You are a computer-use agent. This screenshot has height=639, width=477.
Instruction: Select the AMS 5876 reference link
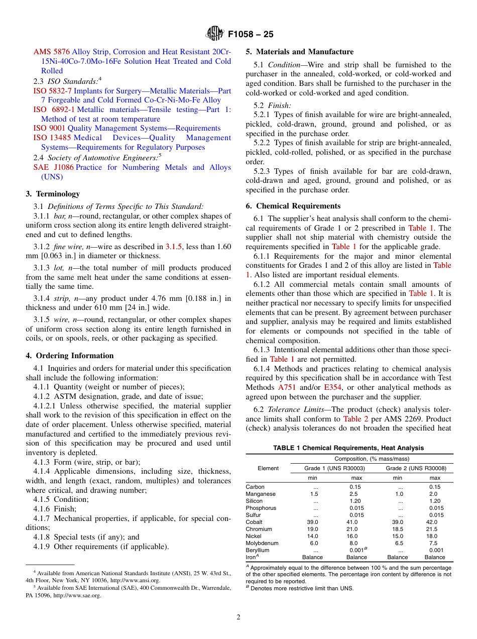[x=52, y=52]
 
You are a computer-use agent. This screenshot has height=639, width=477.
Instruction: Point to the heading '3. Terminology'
[x=53, y=194]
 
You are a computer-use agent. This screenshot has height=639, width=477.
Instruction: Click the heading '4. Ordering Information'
[x=70, y=356]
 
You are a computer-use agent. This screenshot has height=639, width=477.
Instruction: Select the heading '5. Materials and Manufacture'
[x=299, y=52]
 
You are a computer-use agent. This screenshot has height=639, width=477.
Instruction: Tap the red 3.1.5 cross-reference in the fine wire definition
[x=174, y=247]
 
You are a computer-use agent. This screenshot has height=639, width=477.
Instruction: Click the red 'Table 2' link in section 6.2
[x=355, y=419]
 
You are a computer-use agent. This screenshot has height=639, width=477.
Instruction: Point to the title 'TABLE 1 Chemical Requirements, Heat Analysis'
[x=348, y=448]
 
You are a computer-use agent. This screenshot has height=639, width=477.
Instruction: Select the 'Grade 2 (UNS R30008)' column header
[x=416, y=468]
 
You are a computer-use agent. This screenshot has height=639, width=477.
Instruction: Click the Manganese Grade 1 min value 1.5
[x=314, y=494]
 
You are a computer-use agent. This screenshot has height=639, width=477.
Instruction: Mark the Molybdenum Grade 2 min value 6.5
[x=399, y=543]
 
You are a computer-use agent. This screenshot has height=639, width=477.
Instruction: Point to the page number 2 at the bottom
[x=238, y=617]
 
